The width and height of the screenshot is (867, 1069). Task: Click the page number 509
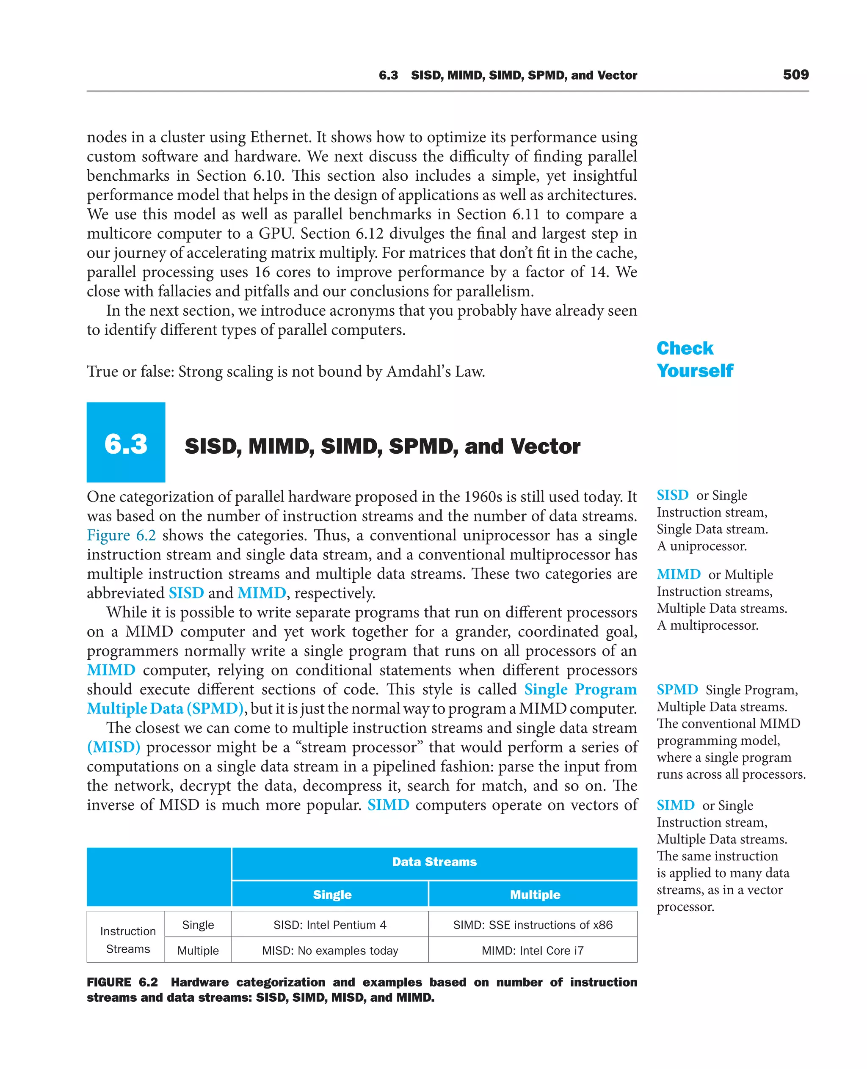tap(795, 75)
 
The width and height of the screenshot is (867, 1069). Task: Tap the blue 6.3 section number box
tap(126, 442)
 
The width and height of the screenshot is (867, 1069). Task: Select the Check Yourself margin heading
tap(694, 359)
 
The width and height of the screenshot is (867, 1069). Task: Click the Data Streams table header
tap(434, 862)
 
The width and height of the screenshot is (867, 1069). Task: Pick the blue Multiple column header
tap(534, 895)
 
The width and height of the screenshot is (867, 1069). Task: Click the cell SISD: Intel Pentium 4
tap(330, 925)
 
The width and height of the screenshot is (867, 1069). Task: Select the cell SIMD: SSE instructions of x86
tap(533, 925)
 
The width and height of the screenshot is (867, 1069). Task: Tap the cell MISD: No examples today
tap(330, 951)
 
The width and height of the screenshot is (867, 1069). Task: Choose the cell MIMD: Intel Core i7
tap(533, 951)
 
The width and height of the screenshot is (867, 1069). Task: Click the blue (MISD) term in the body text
tap(113, 747)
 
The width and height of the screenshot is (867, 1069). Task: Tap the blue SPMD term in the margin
tap(677, 689)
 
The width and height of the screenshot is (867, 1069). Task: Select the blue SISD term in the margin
tap(672, 495)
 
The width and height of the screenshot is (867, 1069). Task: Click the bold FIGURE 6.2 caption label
tap(122, 982)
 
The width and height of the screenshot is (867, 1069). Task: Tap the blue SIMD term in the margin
tap(675, 805)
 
